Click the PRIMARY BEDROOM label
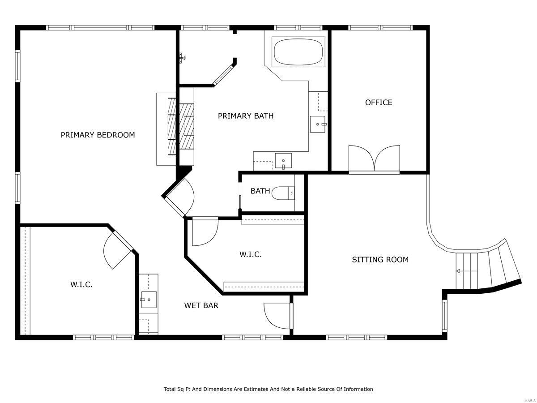pyautogui.click(x=98, y=135)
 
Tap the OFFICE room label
pyautogui.click(x=379, y=103)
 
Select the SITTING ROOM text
pyautogui.click(x=380, y=260)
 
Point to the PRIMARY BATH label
pyautogui.click(x=245, y=116)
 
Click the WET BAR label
pyautogui.click(x=201, y=306)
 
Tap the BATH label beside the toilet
pyautogui.click(x=260, y=191)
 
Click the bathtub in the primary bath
pyautogui.click(x=298, y=52)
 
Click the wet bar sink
pyautogui.click(x=149, y=300)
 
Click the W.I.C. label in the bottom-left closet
pyautogui.click(x=81, y=284)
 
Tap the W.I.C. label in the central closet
pyautogui.click(x=250, y=255)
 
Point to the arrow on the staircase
pyautogui.click(x=458, y=271)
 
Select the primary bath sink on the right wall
pyautogui.click(x=319, y=124)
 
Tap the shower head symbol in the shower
pyautogui.click(x=182, y=57)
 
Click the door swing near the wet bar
pyautogui.click(x=277, y=317)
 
